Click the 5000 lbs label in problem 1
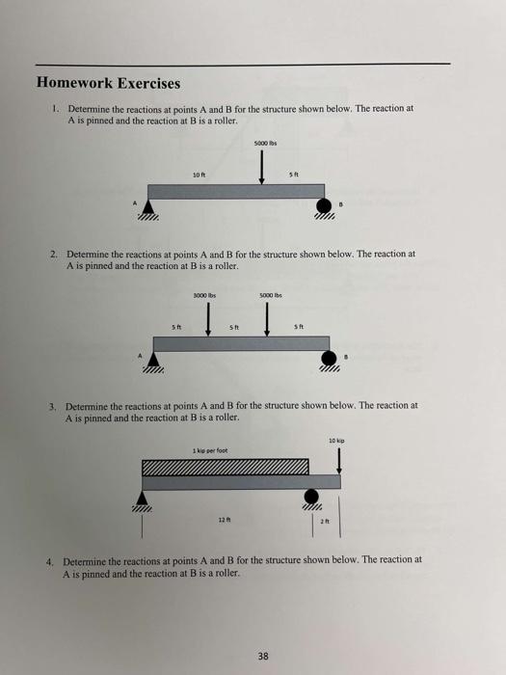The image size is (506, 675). [264, 144]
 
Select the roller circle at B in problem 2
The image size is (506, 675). [327, 358]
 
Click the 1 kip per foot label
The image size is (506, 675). [208, 449]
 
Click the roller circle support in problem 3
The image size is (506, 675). [310, 496]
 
